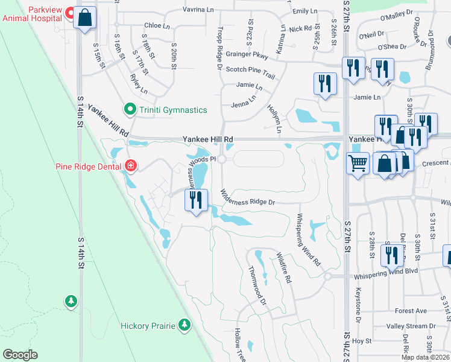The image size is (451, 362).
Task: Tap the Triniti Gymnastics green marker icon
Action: pyautogui.click(x=128, y=109)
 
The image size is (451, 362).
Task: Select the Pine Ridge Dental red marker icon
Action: pyautogui.click(x=130, y=165)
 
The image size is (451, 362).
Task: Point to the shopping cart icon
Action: pyautogui.click(x=358, y=163)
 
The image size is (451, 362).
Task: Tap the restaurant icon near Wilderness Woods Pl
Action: pyautogui.click(x=195, y=200)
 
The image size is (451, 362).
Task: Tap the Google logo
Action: pyautogui.click(x=19, y=355)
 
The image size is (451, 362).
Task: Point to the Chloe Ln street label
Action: pyautogui.click(x=157, y=26)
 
